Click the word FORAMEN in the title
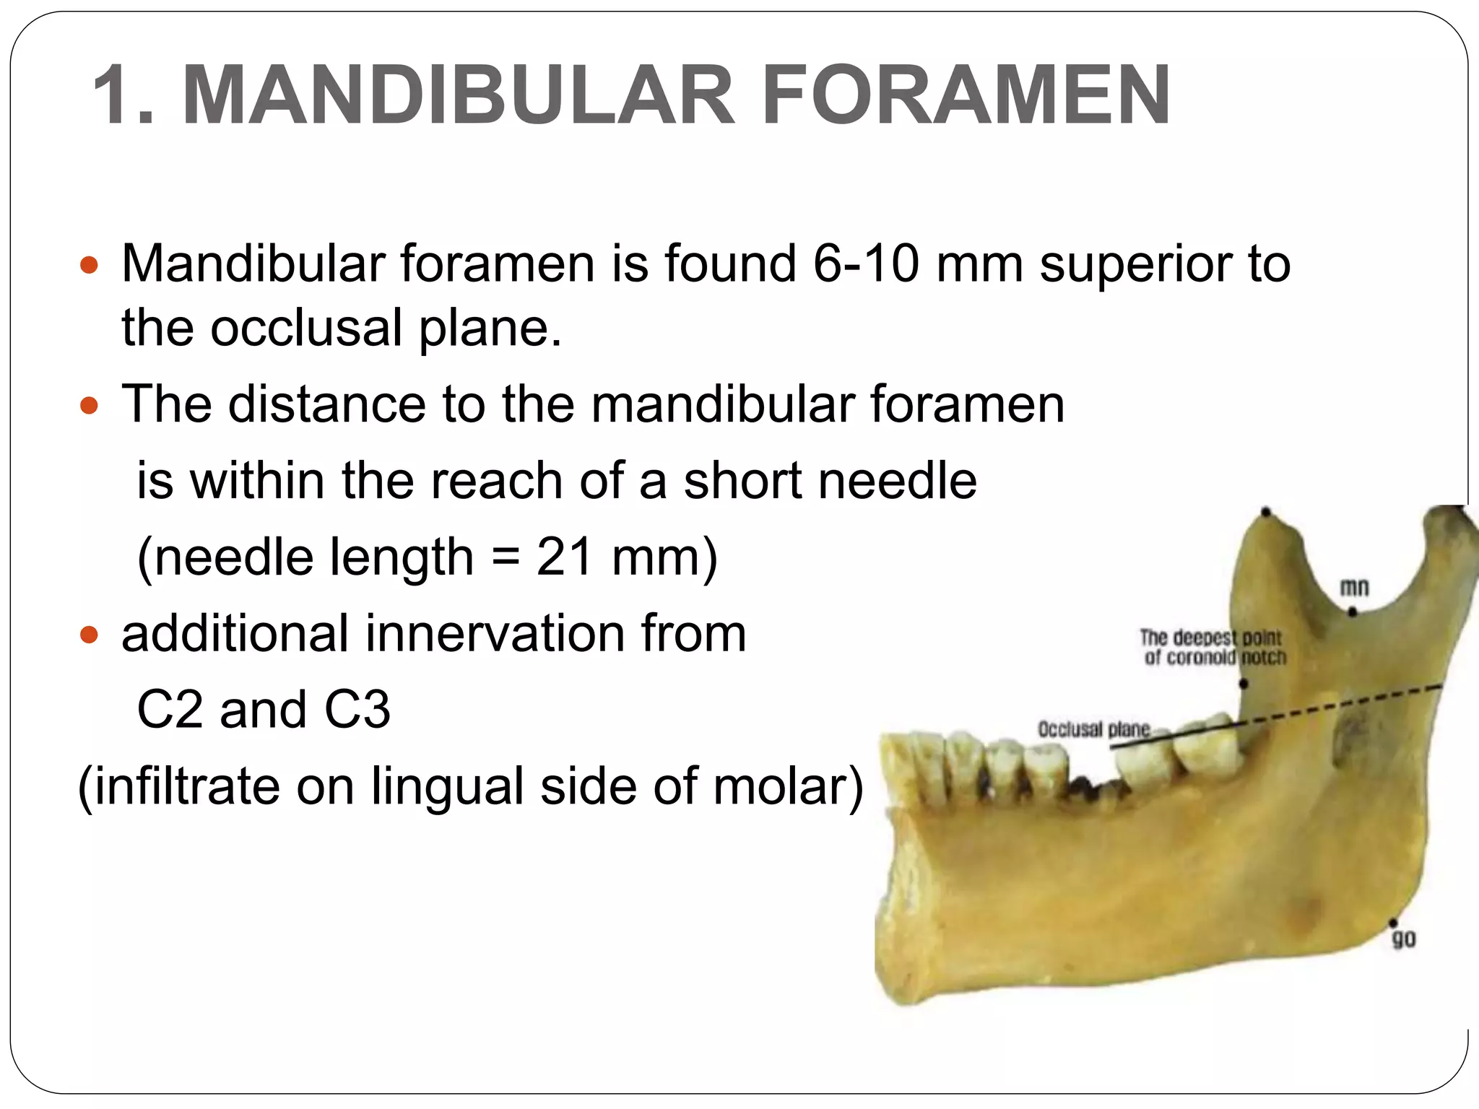[x=966, y=95]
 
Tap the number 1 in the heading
[x=116, y=95]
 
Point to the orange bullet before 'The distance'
[x=89, y=406]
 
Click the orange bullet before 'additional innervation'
[x=89, y=635]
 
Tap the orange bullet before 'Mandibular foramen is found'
[x=89, y=266]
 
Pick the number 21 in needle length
[x=565, y=557]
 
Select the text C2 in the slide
[x=170, y=710]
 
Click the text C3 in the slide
[x=357, y=710]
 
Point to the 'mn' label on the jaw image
[x=1354, y=588]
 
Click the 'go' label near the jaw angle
[x=1403, y=939]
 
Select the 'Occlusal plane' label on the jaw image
[x=1093, y=729]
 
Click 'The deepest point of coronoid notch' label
[x=1213, y=648]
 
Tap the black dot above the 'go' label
[x=1393, y=923]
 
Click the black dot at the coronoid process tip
[x=1266, y=513]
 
